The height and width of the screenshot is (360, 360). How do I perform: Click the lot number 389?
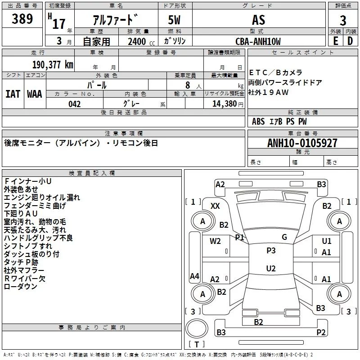coord(22,19)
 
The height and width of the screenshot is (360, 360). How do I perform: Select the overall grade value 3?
coord(343,20)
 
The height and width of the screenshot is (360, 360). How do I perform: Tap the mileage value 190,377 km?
coord(53,64)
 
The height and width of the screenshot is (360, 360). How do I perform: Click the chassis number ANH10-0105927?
coord(302,143)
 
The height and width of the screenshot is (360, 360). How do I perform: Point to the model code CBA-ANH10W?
coord(258,41)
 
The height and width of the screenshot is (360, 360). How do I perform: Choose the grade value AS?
coord(258,20)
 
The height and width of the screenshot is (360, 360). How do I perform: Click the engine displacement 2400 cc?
coord(137,41)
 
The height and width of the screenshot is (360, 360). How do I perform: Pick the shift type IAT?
coord(13,94)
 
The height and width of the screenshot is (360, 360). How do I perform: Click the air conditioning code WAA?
coord(35,94)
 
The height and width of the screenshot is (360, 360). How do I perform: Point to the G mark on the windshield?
coord(284,237)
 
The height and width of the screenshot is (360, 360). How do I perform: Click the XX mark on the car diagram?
coord(215,206)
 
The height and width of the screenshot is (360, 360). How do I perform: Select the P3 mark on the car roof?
coord(271,251)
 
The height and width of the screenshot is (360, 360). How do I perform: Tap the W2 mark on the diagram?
coord(216,241)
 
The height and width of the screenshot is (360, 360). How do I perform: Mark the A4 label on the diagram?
coord(194,276)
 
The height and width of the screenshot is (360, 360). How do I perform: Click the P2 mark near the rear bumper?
coord(320,332)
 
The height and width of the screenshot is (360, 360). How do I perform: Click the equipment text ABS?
coord(258,121)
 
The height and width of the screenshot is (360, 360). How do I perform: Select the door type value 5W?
coord(175,20)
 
